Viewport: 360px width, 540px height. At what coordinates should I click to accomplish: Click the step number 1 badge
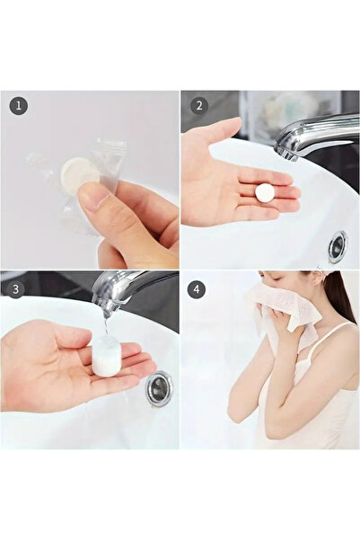point(19,106)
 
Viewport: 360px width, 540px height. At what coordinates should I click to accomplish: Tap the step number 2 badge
point(198,106)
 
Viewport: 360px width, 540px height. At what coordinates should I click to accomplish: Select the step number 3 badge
point(19,289)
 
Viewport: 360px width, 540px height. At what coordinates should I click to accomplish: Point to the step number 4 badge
point(198,289)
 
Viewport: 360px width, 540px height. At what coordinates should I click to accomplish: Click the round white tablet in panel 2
point(264,192)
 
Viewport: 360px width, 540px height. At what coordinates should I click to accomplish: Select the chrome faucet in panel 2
point(314,135)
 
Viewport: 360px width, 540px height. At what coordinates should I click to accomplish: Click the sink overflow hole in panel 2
point(338,245)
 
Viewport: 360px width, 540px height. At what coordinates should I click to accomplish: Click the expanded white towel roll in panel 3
point(107,357)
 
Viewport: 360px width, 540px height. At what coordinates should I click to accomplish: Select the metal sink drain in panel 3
point(158,389)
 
